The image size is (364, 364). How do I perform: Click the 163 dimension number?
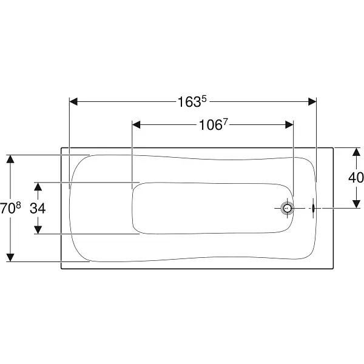pos(189,102)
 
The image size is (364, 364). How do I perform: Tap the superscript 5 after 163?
pos(204,99)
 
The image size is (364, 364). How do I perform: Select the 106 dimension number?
pos(211,126)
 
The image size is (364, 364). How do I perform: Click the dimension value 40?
pos(356,178)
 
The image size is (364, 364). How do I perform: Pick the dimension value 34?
pos(38,208)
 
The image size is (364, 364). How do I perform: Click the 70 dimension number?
pos(7,208)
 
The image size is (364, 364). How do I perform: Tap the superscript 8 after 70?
pos(18,205)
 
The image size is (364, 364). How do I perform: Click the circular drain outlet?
pos(288,208)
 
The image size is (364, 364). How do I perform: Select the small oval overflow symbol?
pos(313,208)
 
